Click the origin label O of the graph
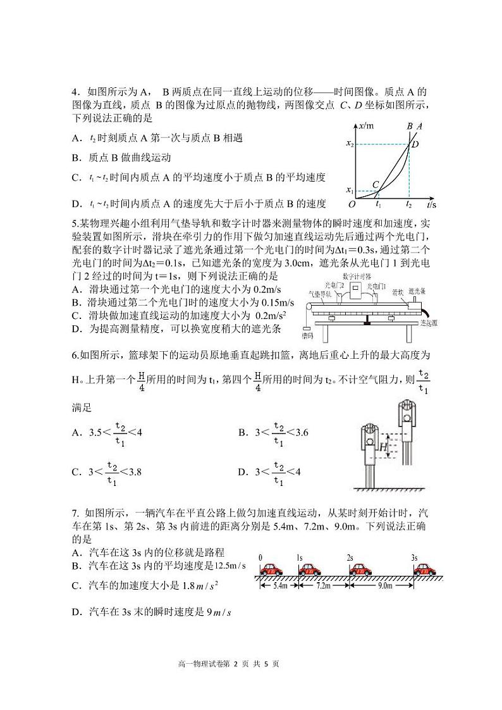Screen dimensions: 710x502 point(352,204)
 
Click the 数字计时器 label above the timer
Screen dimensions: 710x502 point(357,277)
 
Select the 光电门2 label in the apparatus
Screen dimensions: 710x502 point(333,286)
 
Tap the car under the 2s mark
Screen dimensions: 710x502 point(359,568)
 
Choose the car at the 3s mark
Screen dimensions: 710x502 point(425,568)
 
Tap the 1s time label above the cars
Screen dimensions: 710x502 point(300,557)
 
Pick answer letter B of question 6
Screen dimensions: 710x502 point(242,433)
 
